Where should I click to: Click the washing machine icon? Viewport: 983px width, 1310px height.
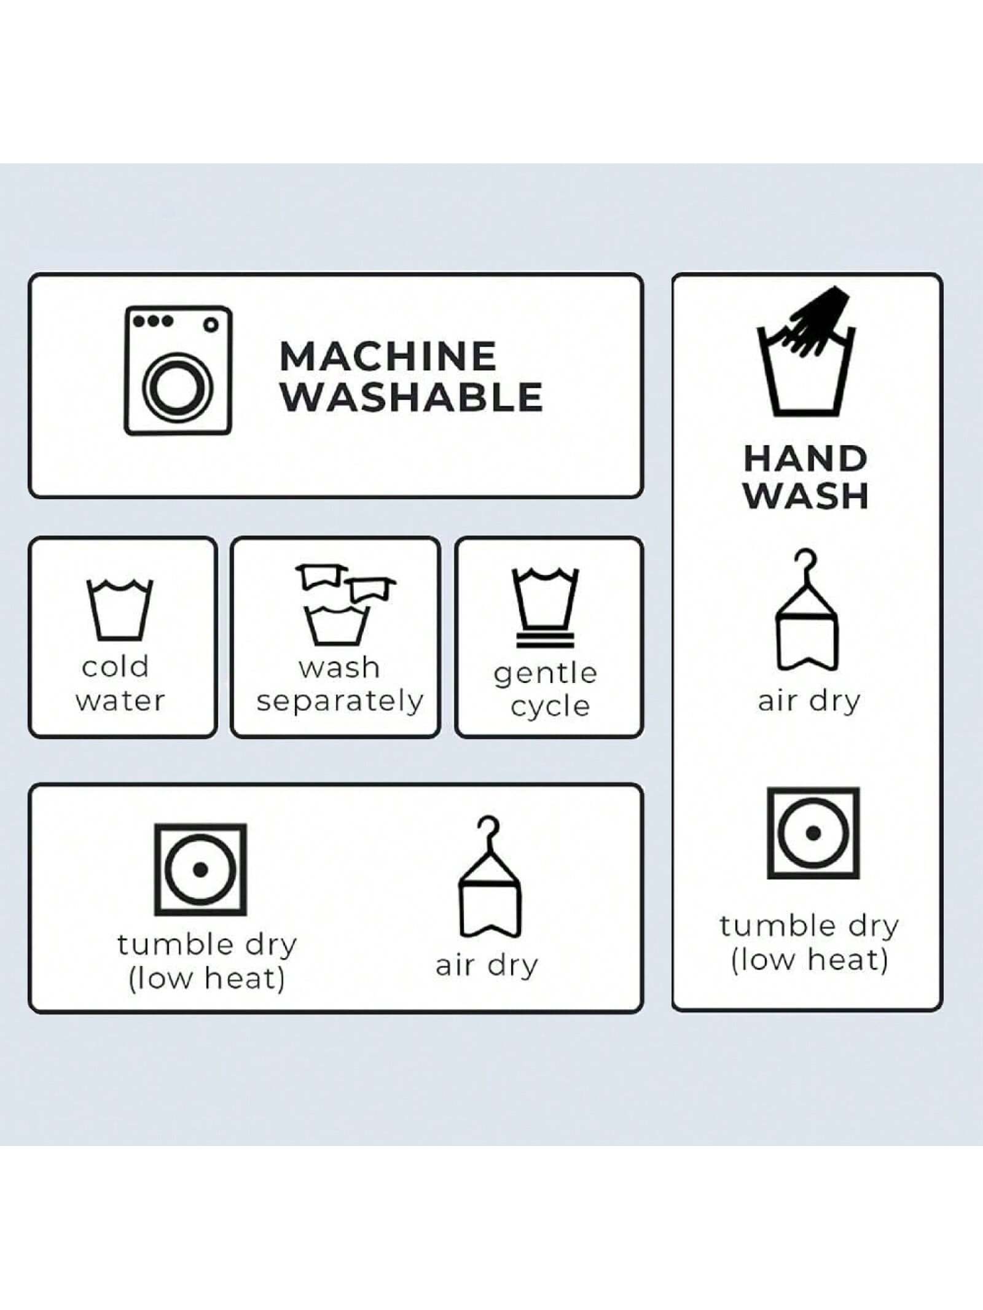[178, 370]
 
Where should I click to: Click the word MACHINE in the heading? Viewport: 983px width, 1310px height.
[388, 356]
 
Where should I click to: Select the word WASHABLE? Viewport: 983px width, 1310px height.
[412, 397]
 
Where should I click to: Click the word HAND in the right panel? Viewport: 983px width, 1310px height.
[805, 458]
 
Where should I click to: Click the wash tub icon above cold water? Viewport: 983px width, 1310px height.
[120, 609]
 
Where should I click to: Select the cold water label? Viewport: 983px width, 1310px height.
[120, 684]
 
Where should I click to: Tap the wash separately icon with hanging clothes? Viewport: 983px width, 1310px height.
[344, 604]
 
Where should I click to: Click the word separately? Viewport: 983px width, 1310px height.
[340, 701]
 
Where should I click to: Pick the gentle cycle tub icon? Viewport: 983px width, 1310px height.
[546, 608]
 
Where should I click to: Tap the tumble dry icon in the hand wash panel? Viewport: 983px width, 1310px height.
[813, 833]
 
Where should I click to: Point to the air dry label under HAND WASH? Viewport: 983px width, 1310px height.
[809, 701]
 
